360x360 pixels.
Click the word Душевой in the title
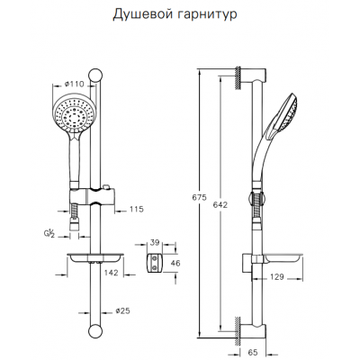point(141,14)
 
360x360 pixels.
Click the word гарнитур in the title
point(206,15)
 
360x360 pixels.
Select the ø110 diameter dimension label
point(75,85)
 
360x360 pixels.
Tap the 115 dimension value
point(137,209)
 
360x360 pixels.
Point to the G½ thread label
point(49,233)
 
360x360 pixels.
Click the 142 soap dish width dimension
point(112,273)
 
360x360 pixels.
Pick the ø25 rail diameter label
point(122,311)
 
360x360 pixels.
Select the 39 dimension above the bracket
point(155,243)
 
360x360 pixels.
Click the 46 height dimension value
point(175,263)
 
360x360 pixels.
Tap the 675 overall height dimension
point(200,198)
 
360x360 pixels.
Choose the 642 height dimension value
point(220,205)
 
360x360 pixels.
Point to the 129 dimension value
point(276,277)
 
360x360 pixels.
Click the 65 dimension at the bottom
point(253,353)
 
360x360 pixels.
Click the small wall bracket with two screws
point(155,263)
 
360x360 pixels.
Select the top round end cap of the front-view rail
point(95,76)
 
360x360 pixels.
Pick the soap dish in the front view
point(94,258)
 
